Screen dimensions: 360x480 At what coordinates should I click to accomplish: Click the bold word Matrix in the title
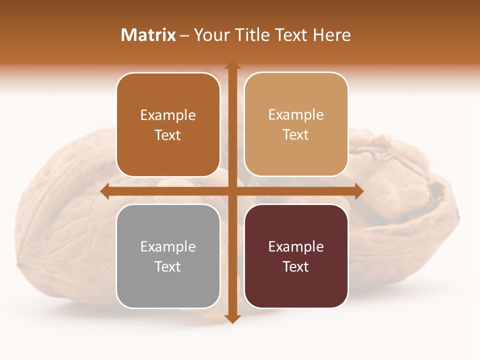148,35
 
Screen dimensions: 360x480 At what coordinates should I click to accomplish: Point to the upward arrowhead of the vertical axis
232,65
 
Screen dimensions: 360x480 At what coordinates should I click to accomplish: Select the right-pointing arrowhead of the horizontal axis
358,191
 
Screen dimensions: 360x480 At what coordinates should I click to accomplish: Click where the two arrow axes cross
232,191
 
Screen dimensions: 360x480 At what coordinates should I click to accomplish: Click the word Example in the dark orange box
168,115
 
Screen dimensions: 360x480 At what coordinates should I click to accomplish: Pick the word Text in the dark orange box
168,135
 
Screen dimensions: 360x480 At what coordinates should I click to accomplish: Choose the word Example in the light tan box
296,115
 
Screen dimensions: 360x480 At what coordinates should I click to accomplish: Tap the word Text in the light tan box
296,134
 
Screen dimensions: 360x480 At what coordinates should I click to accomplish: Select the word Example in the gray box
168,247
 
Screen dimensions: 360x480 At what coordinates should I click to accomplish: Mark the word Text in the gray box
168,266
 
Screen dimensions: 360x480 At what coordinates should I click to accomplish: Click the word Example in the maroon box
296,247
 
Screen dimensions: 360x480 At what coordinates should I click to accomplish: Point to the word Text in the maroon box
296,266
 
